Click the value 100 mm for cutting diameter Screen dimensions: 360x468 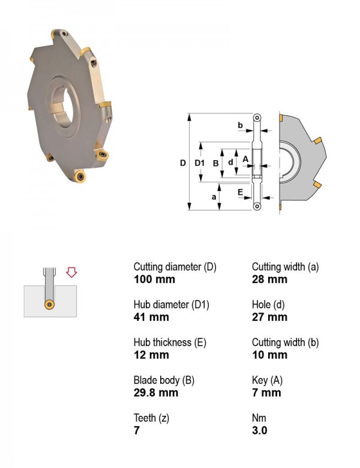pyautogui.click(x=154, y=280)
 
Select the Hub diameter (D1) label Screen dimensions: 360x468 pyautogui.click(x=172, y=304)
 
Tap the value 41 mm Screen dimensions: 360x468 pyautogui.click(x=151, y=317)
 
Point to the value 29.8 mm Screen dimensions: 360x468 pyautogui.click(x=156, y=392)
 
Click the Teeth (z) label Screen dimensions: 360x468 pyautogui.click(x=151, y=418)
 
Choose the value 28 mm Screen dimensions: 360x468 pyautogui.click(x=269, y=280)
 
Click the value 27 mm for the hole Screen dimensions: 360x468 pyautogui.click(x=269, y=317)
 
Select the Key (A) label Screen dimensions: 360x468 pyautogui.click(x=267, y=380)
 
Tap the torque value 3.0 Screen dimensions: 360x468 pyautogui.click(x=259, y=430)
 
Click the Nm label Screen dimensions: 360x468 pyautogui.click(x=259, y=418)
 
